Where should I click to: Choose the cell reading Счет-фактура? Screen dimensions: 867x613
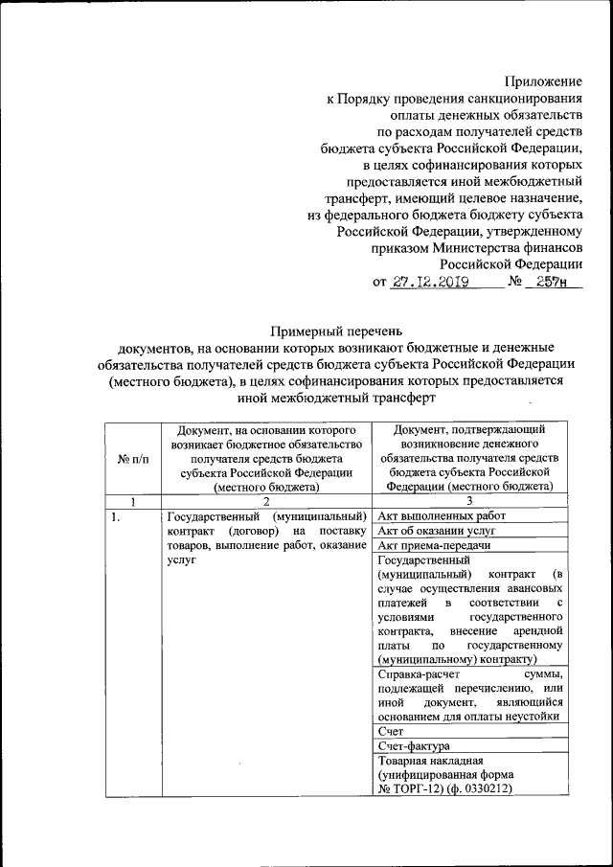[415, 745]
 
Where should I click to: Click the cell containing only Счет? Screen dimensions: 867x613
[394, 730]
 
